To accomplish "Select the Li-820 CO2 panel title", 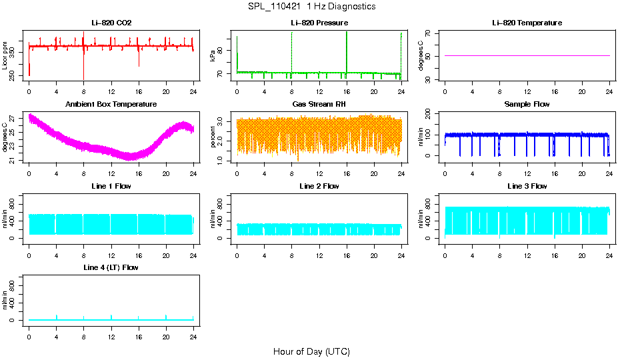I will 111,23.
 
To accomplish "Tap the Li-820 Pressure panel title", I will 319,23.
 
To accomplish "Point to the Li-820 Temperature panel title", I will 527,23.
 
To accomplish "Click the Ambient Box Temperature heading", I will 111,105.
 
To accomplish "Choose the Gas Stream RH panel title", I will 319,105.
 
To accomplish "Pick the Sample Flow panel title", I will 527,105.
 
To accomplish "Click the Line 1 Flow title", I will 111,186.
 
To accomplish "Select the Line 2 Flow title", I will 319,186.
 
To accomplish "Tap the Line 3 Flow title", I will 527,186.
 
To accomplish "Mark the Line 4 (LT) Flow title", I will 111,267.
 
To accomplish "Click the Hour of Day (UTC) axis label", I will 311,351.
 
